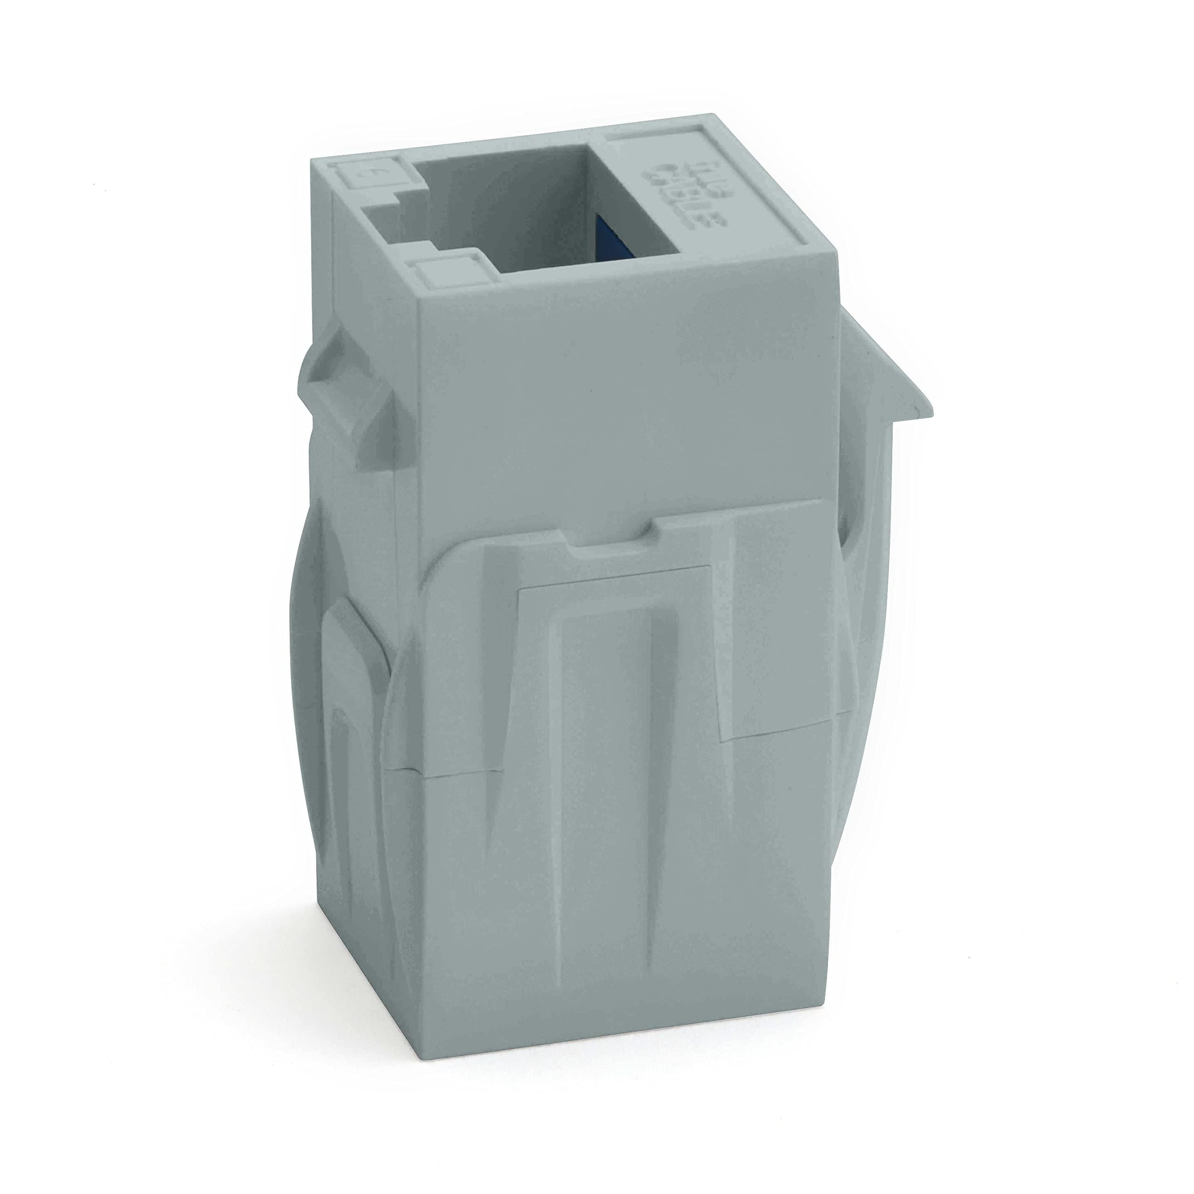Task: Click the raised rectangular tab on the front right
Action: [785, 624]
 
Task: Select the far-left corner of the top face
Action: [311, 160]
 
